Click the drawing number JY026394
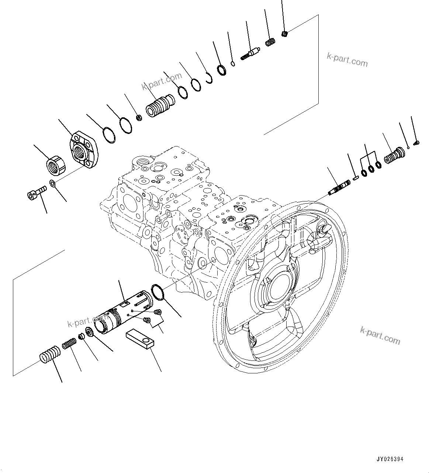pos(390,459)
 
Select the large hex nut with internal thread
pos(56,165)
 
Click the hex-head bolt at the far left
pos(36,193)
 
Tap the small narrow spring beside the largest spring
pos(69,344)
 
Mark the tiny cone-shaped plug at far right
pos(416,142)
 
